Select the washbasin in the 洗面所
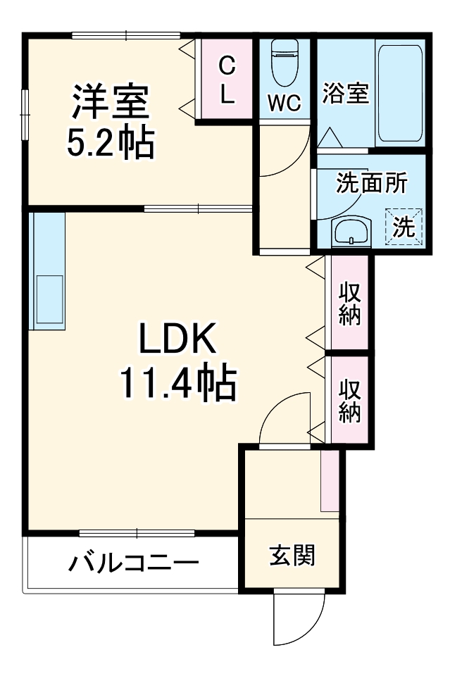[x=351, y=231]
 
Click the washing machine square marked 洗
[x=404, y=225]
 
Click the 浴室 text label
[x=346, y=94]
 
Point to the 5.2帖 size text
[x=110, y=143]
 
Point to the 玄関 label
[x=292, y=556]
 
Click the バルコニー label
[x=134, y=563]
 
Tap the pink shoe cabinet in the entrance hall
[x=330, y=481]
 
